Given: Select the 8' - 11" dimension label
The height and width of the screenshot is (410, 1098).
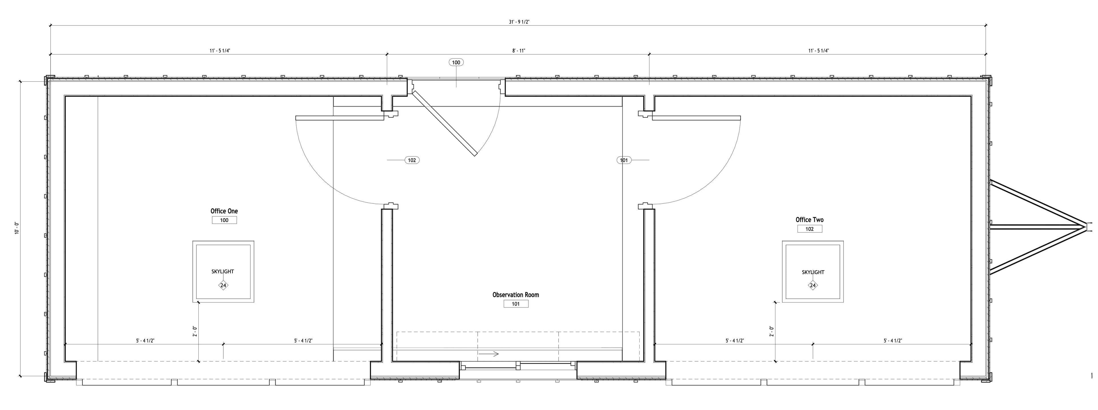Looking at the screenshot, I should click(x=519, y=51).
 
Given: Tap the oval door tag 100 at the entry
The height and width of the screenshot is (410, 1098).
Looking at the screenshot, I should click(x=456, y=62).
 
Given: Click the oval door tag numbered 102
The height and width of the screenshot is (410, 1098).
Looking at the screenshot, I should click(x=412, y=160).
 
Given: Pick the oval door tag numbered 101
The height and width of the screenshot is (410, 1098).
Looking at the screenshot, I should click(x=624, y=160).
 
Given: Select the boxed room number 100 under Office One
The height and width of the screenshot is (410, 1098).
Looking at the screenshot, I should click(x=224, y=220).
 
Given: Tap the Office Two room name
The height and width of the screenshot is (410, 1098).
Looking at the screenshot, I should click(x=809, y=220).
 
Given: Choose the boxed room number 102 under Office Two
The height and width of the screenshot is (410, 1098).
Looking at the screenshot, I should click(x=809, y=229).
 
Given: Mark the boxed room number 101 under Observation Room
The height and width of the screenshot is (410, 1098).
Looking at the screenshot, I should click(x=516, y=304).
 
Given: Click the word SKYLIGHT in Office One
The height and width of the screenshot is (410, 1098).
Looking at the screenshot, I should click(x=222, y=271).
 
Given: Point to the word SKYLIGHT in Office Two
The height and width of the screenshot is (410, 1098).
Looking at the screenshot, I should click(x=813, y=272).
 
